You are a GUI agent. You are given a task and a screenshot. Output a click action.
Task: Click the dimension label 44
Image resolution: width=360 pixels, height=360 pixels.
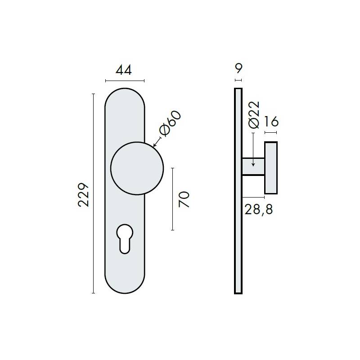[124, 70]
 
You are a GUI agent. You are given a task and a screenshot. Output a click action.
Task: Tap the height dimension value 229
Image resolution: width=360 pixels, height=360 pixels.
[84, 194]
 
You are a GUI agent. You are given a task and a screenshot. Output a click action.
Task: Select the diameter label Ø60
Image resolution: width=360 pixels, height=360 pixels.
[170, 123]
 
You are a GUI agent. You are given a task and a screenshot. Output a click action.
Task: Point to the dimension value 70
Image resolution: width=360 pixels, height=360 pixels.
[184, 199]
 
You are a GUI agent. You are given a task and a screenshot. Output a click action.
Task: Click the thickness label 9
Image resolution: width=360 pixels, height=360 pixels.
[238, 68]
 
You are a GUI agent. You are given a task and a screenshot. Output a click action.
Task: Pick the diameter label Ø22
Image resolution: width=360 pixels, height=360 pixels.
[254, 114]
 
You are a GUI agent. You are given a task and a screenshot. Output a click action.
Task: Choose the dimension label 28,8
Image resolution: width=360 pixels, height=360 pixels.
[259, 209]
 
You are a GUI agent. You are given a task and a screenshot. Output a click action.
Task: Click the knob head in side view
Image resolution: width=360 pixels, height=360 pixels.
[271, 167]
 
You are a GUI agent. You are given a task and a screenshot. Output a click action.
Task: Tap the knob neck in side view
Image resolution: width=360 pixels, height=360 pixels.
[253, 166]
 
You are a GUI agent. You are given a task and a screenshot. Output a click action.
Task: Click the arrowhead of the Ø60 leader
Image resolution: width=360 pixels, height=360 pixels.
[154, 146]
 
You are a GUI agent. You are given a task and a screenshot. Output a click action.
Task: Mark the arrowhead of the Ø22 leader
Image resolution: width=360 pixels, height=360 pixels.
[253, 164]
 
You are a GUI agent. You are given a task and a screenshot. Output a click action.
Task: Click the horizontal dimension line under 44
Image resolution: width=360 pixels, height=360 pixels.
[125, 81]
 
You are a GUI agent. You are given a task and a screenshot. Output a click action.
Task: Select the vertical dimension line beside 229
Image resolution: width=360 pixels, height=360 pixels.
[93, 193]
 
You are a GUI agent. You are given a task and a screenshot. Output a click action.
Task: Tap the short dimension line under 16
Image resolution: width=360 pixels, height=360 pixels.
[271, 133]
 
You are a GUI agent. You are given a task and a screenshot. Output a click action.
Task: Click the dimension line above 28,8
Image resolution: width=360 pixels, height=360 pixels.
[253, 197]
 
